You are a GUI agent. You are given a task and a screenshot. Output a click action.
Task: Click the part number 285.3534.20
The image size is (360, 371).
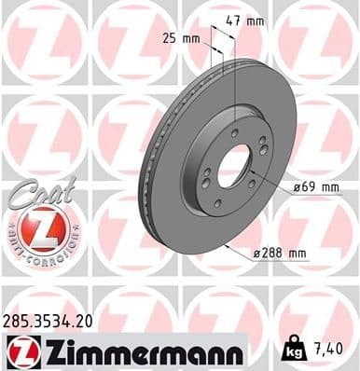coord(49,321)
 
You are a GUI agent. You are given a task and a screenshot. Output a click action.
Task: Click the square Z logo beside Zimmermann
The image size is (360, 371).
coord(18,351)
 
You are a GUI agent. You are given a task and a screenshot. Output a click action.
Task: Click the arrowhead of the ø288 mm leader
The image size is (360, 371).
coord(228,245)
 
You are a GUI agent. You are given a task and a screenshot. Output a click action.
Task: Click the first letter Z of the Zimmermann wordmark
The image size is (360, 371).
coord(47,351)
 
